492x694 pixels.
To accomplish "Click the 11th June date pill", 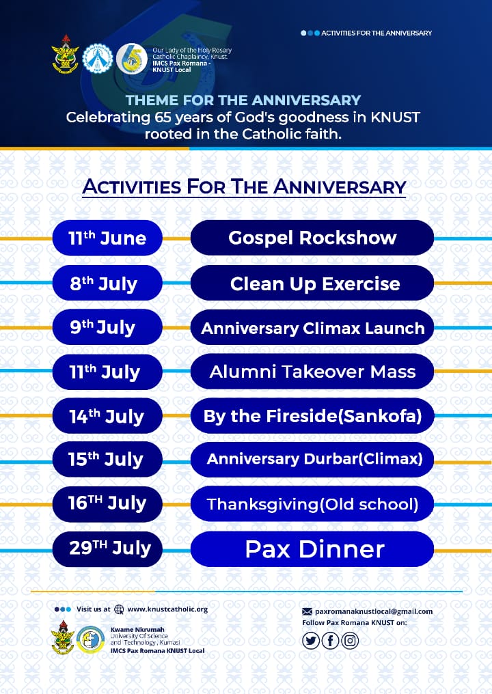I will (107, 238).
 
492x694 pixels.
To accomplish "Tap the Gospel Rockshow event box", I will (312, 238).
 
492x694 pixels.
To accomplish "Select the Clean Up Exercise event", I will (312, 283).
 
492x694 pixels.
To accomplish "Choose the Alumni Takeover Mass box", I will (312, 372).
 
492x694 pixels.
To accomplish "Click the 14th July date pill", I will (107, 416).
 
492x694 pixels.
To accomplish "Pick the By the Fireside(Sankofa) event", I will (312, 416).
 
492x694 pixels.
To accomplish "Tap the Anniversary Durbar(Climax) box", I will (312, 459).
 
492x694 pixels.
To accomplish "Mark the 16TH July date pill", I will (107, 503).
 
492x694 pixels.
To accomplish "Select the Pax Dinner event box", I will (312, 549).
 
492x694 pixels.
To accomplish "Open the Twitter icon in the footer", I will (311, 640).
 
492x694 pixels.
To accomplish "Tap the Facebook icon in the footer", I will (331, 640).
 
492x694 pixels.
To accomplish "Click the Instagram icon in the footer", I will (350, 640).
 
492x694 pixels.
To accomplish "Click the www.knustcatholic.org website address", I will (167, 609).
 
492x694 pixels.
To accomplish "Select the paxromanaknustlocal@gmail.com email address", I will (373, 611).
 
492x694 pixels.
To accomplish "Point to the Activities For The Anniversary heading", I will (244, 186).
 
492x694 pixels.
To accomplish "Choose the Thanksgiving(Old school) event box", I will (312, 504).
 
